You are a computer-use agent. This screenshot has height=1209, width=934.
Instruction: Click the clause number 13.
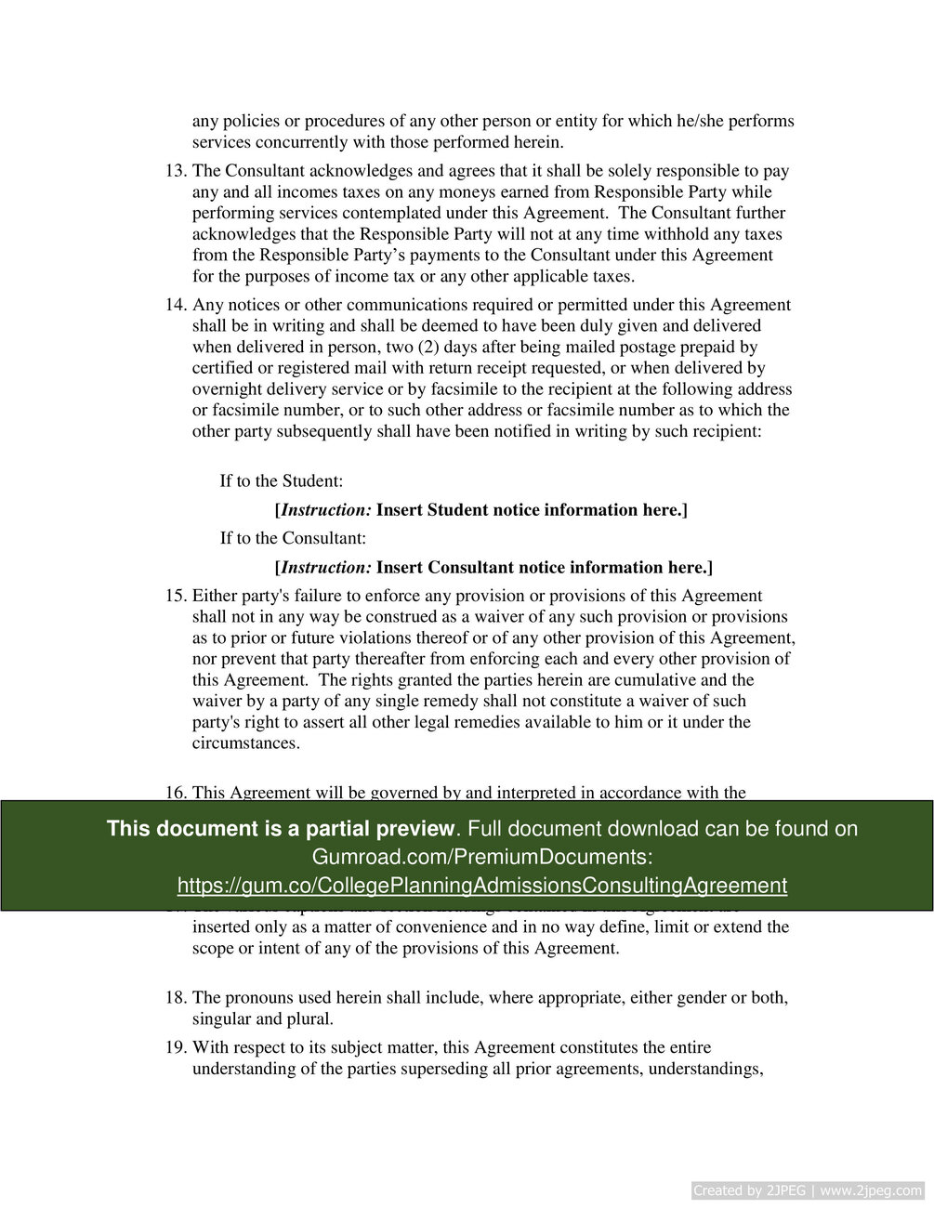pyautogui.click(x=176, y=171)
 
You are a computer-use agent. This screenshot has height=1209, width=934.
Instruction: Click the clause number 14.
pyautogui.click(x=176, y=305)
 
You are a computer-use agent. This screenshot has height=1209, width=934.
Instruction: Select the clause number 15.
pyautogui.click(x=176, y=596)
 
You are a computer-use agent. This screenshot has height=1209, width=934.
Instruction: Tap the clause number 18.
pyautogui.click(x=176, y=998)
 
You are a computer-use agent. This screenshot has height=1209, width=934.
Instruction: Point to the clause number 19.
pyautogui.click(x=176, y=1047)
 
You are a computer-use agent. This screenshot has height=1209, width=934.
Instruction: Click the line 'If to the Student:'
pyautogui.click(x=282, y=481)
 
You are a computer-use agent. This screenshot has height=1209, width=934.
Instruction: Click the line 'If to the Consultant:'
pyautogui.click(x=293, y=538)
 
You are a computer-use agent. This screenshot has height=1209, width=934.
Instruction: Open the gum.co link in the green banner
pyautogui.click(x=481, y=886)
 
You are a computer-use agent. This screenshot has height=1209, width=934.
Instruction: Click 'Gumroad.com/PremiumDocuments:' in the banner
pyautogui.click(x=481, y=857)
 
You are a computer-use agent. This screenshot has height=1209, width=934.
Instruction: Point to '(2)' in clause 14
pyautogui.click(x=431, y=348)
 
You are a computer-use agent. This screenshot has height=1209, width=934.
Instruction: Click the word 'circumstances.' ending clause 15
pyautogui.click(x=246, y=743)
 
